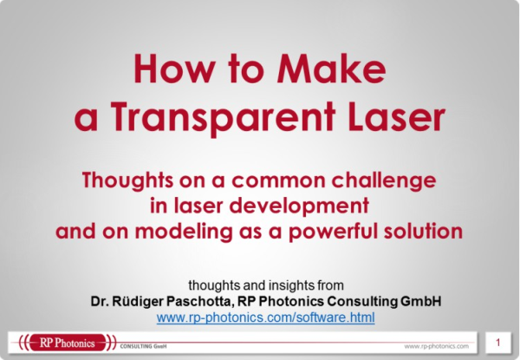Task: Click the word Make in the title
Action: [x=331, y=69]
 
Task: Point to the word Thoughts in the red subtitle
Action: [x=127, y=181]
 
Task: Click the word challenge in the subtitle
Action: [x=384, y=181]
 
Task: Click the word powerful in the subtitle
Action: [x=334, y=232]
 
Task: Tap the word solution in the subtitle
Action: [x=423, y=231]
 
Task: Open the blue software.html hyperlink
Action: [x=266, y=317]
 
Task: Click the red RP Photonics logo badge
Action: [x=68, y=343]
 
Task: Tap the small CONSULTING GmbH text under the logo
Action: [x=143, y=346]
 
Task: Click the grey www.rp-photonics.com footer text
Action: [x=437, y=346]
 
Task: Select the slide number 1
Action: [x=497, y=343]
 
